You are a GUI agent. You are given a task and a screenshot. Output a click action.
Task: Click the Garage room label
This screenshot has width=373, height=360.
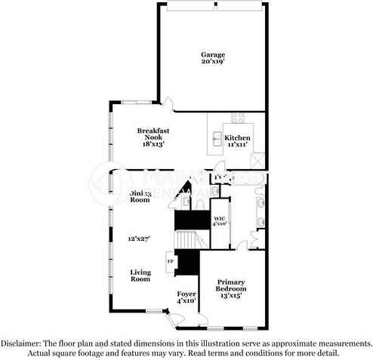click(x=212, y=54)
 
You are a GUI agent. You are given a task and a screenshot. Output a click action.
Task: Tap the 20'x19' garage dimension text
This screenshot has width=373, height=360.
click(x=212, y=63)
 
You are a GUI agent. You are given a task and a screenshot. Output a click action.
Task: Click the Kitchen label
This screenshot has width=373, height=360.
click(x=239, y=137)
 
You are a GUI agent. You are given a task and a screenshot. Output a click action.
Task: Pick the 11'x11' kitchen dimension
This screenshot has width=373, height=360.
click(x=239, y=145)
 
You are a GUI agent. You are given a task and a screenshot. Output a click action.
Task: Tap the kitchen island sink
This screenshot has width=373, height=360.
click(x=217, y=137)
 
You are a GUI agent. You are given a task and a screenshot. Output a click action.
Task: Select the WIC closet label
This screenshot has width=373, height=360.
click(x=219, y=217)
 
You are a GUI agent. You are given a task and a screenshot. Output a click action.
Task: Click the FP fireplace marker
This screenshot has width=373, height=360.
click(x=171, y=262)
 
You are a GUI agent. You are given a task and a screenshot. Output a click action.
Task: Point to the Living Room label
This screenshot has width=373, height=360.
click(x=141, y=275)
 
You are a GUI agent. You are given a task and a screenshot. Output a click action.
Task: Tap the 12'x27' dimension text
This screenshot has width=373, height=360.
click(x=139, y=238)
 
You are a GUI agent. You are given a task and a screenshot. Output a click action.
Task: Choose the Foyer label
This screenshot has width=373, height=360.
click(x=186, y=293)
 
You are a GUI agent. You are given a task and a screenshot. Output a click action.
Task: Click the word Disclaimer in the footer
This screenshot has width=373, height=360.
click(x=23, y=343)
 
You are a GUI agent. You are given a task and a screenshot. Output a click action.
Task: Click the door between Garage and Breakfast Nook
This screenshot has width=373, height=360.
click(x=165, y=106)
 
